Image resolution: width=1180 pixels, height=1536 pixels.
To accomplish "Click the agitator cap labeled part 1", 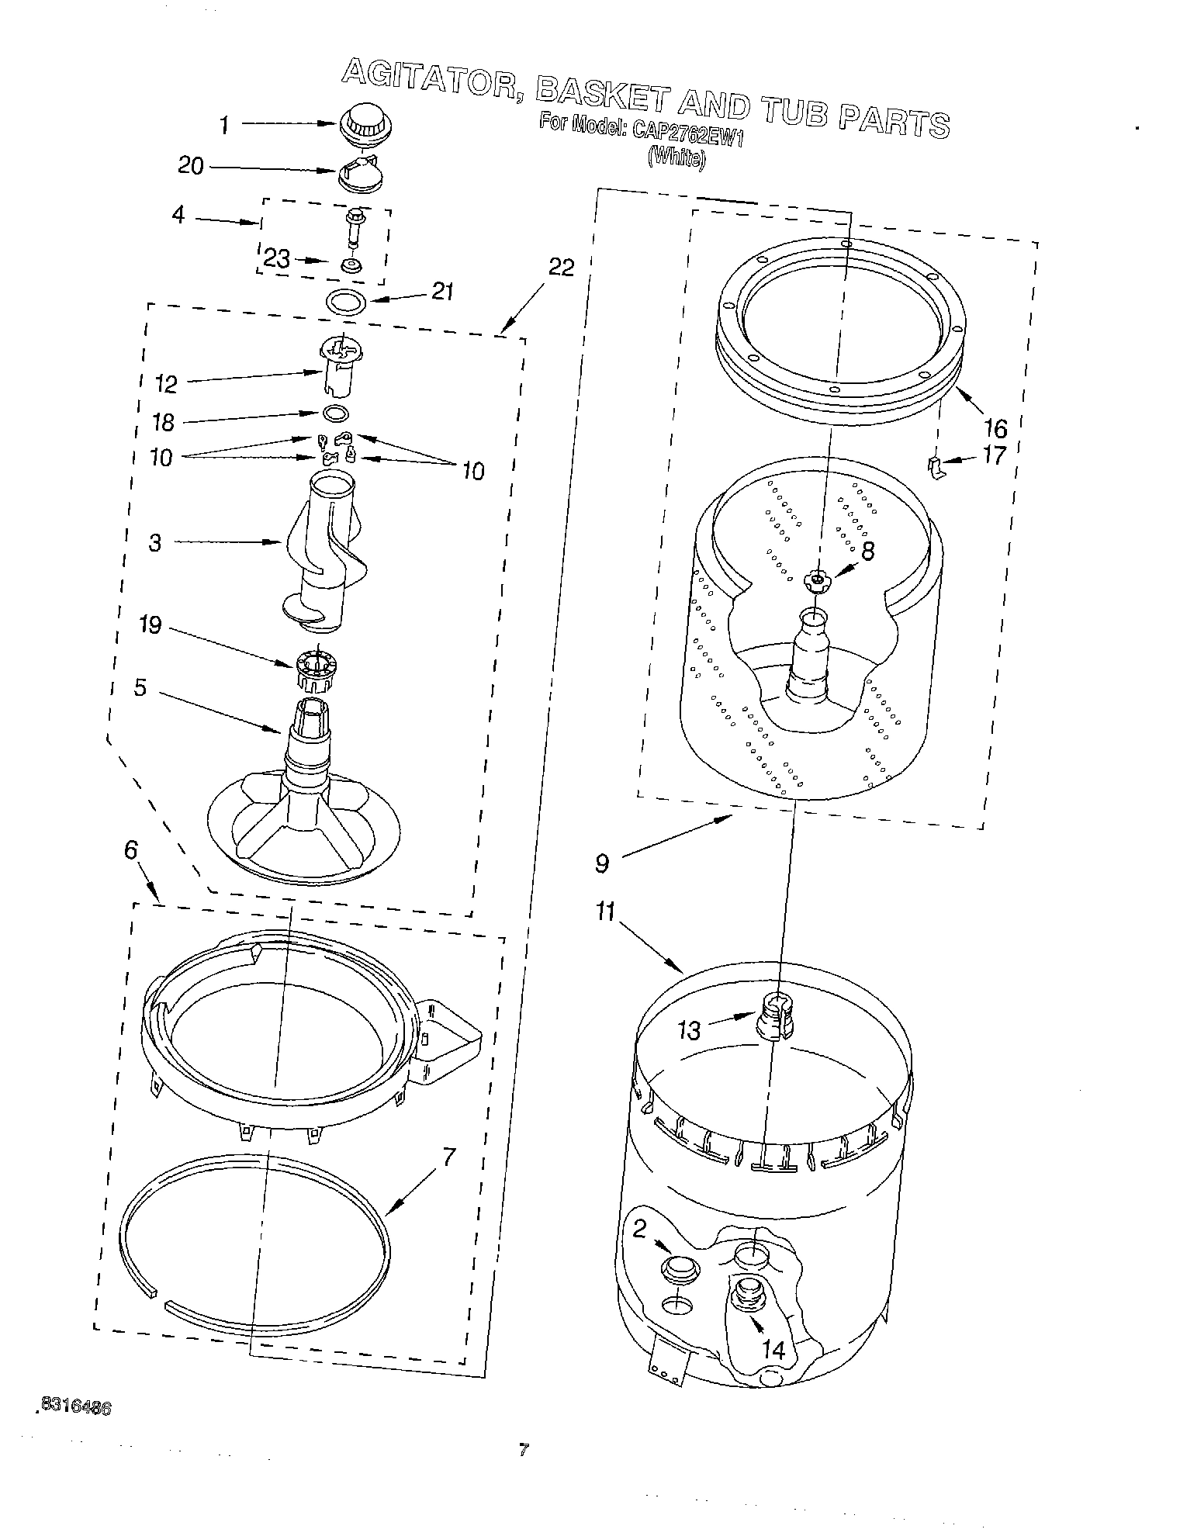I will click(358, 125).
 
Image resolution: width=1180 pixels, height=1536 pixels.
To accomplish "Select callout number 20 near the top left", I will click(190, 166).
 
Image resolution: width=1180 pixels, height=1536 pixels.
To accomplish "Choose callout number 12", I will click(166, 383).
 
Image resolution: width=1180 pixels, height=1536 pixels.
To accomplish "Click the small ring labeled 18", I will click(334, 413).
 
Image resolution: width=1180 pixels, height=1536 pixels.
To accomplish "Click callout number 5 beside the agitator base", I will click(140, 687).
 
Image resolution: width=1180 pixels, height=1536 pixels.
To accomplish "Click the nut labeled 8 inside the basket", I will click(816, 579).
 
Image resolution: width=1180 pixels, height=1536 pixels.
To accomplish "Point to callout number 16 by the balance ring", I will click(995, 427).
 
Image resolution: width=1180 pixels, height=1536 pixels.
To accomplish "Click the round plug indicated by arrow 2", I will click(679, 1268).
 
